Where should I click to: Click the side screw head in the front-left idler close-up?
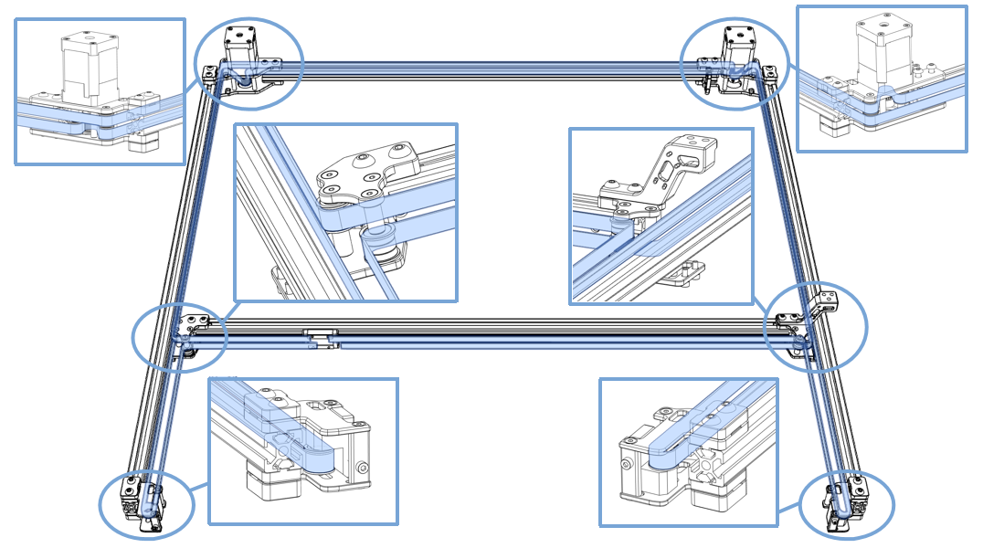[x=364, y=468]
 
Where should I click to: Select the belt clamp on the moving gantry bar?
[x=320, y=337]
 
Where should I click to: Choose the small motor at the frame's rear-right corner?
[x=737, y=41]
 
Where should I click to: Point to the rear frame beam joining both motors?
[x=493, y=66]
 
